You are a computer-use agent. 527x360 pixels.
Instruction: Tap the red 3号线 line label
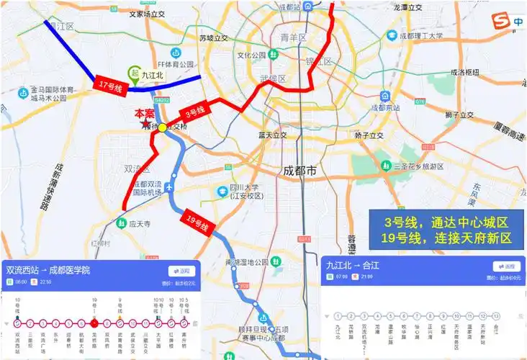click(195, 111)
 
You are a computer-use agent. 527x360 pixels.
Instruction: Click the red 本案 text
click(145, 114)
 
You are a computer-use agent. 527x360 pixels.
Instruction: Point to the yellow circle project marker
click(163, 127)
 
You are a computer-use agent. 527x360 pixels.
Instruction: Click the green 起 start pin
click(133, 72)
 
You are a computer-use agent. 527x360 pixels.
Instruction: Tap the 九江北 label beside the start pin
click(154, 73)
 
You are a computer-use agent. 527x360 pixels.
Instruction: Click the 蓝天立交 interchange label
click(273, 135)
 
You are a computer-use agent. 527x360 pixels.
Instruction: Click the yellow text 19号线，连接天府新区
click(446, 238)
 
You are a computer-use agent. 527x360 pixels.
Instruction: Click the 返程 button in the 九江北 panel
click(505, 266)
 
